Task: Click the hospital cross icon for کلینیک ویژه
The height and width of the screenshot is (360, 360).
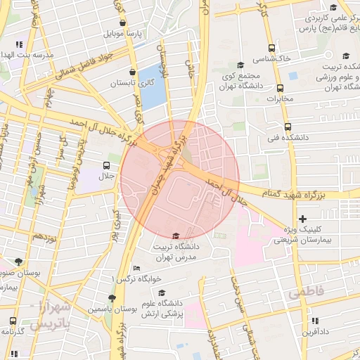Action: click(x=303, y=220)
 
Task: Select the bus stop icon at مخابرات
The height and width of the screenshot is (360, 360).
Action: click(x=281, y=89)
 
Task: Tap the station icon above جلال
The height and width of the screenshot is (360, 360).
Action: click(x=107, y=165)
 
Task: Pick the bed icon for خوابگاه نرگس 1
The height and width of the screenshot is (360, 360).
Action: click(x=136, y=269)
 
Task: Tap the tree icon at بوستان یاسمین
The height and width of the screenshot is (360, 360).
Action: click(x=112, y=298)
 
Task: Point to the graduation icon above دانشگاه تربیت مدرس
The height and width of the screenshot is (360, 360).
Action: click(x=176, y=236)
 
